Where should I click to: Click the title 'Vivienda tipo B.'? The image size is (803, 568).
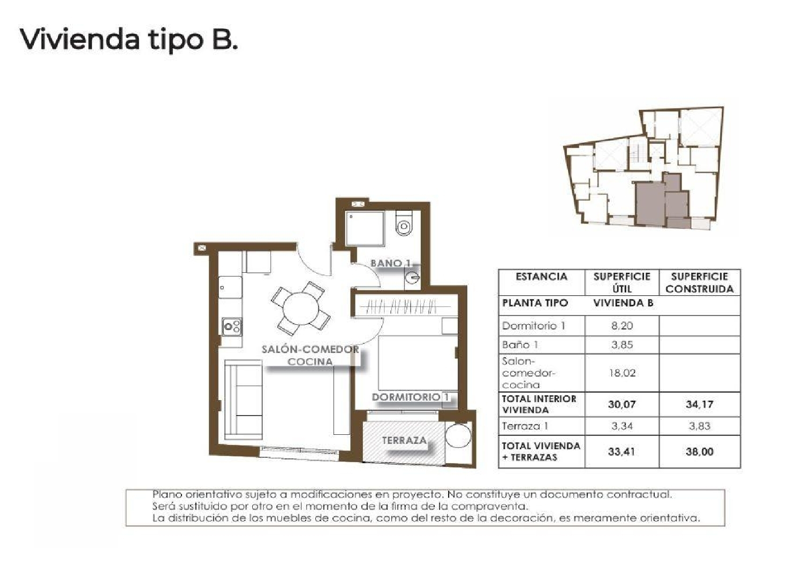(x=128, y=39)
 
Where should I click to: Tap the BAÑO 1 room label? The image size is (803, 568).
(x=391, y=263)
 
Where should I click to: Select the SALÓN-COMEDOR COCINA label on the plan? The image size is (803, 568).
(x=310, y=355)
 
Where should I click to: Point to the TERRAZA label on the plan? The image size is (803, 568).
(x=404, y=440)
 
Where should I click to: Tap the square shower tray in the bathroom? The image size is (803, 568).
(x=365, y=229)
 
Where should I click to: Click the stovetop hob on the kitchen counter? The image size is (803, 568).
(x=232, y=326)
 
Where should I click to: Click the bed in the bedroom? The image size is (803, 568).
(x=418, y=363)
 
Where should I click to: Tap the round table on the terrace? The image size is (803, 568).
(x=458, y=436)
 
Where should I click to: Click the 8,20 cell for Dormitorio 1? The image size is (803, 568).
(x=622, y=326)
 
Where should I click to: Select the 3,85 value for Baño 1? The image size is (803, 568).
(x=622, y=345)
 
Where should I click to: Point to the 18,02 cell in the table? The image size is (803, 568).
(x=622, y=373)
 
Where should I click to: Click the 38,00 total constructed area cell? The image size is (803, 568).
(x=699, y=451)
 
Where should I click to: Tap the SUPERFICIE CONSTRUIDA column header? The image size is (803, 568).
(x=699, y=282)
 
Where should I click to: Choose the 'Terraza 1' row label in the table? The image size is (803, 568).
(x=525, y=426)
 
